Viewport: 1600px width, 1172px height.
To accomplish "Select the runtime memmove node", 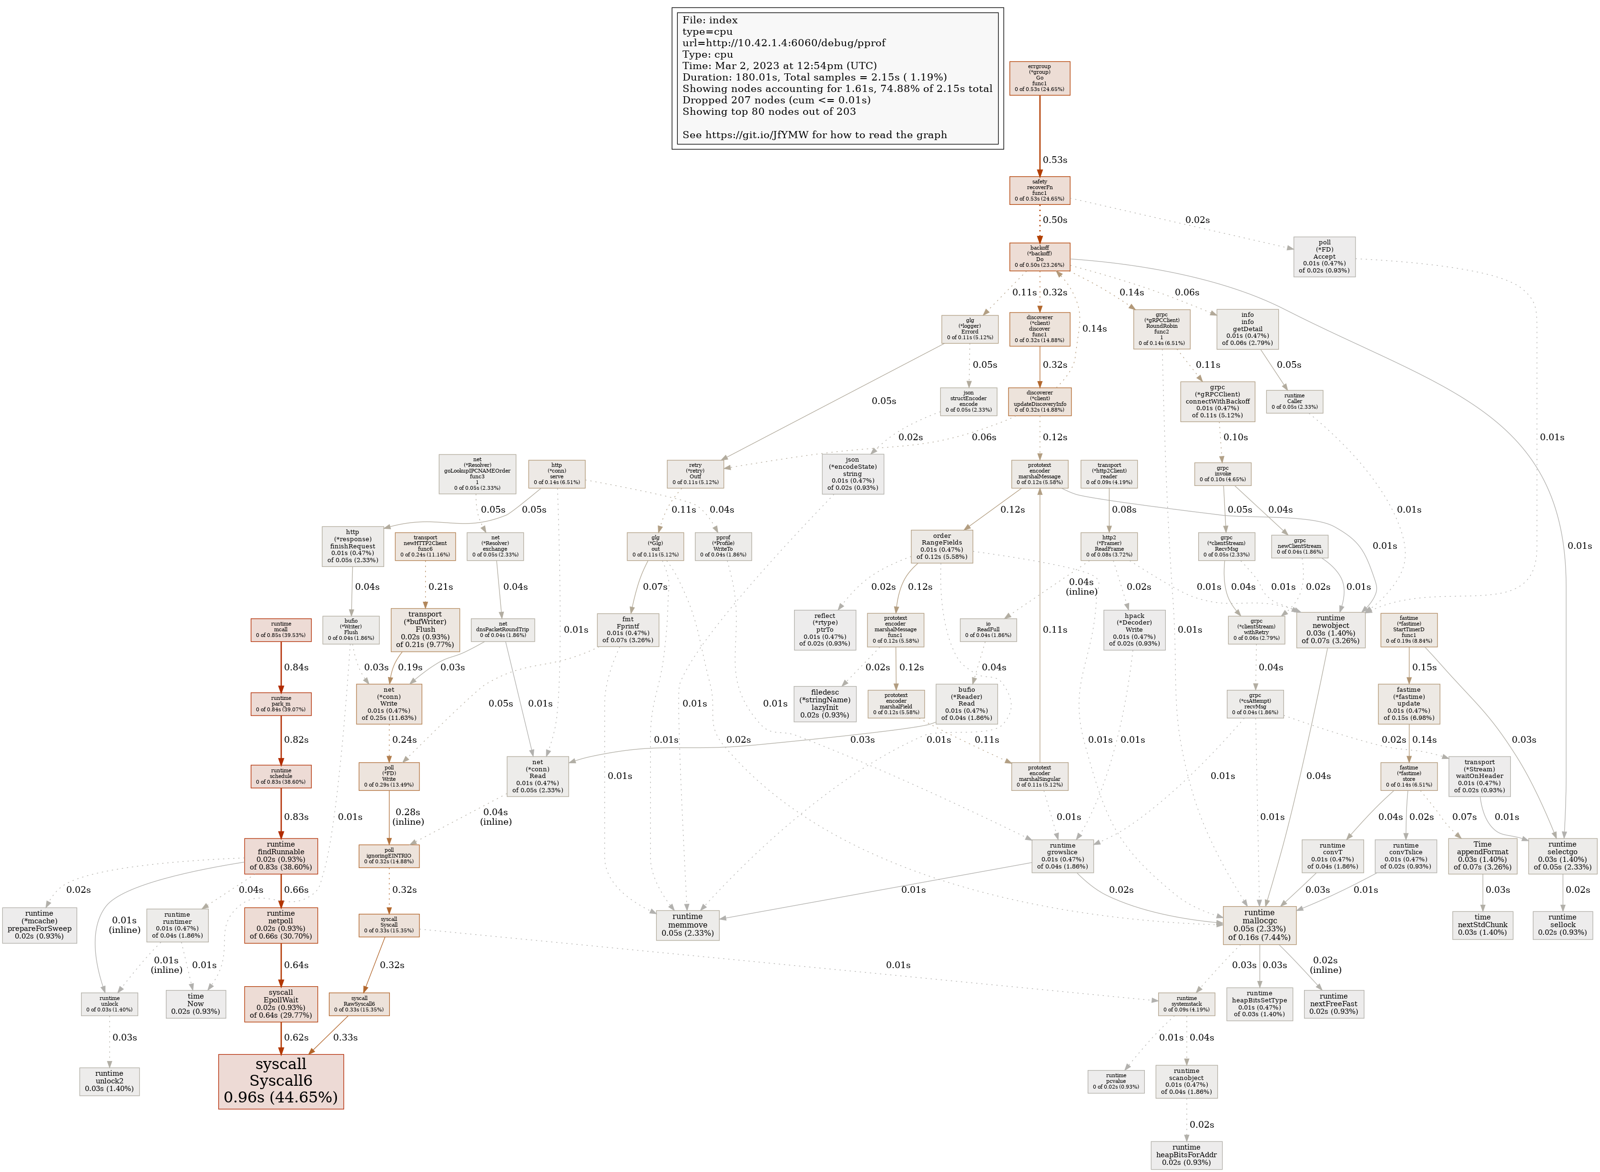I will tap(687, 924).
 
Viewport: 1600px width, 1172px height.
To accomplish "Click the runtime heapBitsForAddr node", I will tap(1186, 1154).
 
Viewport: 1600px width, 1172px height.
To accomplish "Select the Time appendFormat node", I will tap(1482, 856).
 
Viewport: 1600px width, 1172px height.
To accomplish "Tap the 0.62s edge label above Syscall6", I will tap(296, 1037).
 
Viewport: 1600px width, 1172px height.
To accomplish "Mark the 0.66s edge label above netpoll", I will tap(296, 889).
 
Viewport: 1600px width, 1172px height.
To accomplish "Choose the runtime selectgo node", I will tap(1562, 856).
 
